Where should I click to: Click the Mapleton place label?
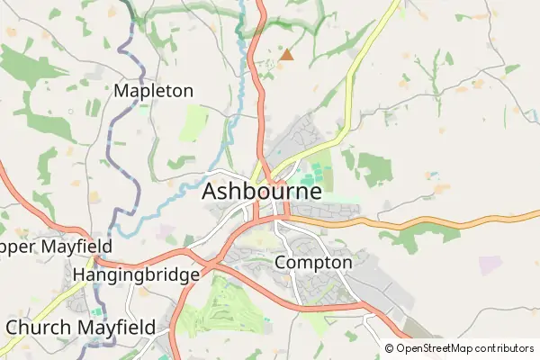point(154,91)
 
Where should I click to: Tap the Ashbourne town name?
point(262,192)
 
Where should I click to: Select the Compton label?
point(312,263)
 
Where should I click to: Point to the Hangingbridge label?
point(135,274)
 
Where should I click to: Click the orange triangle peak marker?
point(286,56)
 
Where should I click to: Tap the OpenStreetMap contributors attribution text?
point(464,348)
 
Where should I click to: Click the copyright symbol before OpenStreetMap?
point(390,348)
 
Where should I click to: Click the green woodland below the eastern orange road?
point(414,236)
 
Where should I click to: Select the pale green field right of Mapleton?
point(193,123)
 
